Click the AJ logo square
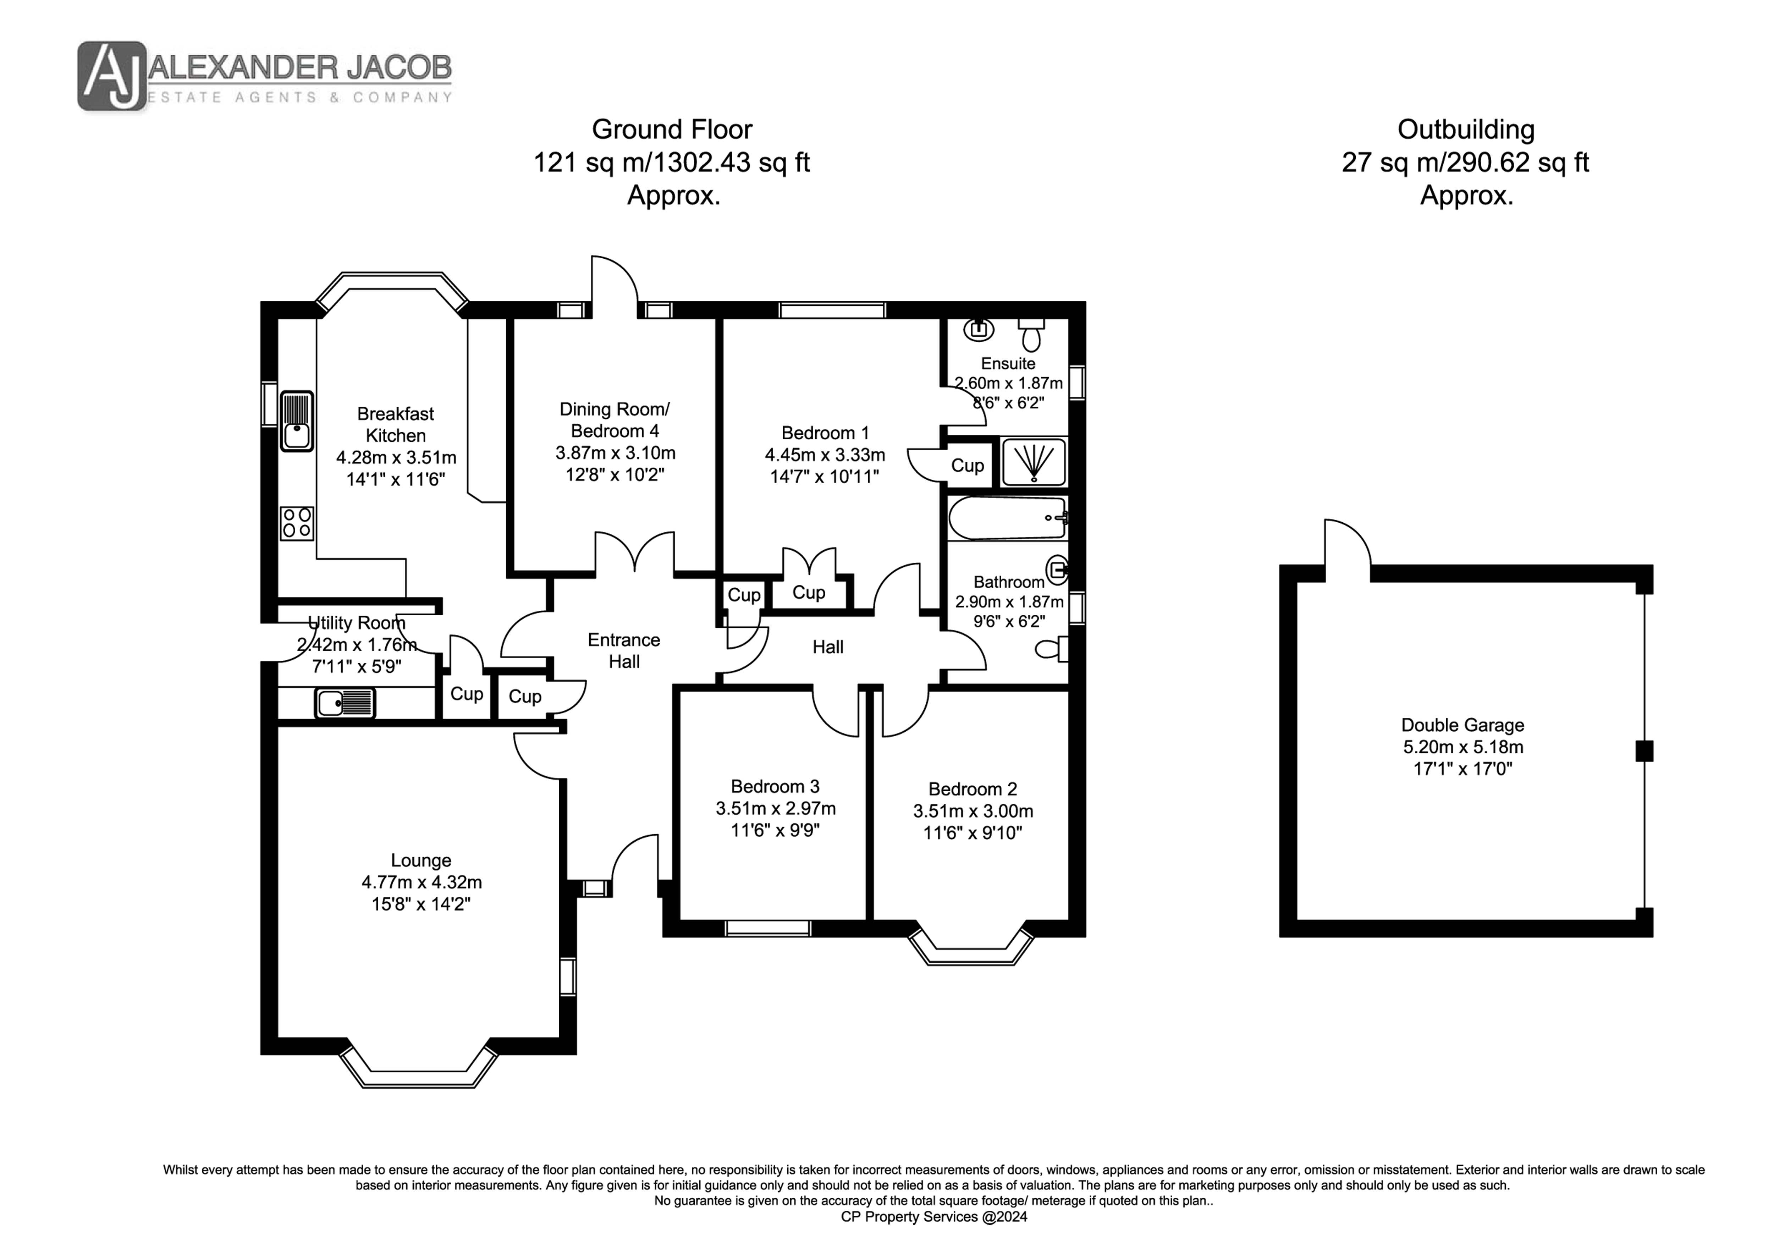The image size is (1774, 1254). (111, 76)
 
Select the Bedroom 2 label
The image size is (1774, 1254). (973, 789)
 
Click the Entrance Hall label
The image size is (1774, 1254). (624, 650)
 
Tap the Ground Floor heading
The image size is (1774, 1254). (671, 129)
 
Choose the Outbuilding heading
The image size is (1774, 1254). (1466, 129)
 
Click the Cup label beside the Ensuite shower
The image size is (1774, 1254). (967, 465)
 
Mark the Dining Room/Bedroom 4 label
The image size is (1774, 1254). (615, 419)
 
